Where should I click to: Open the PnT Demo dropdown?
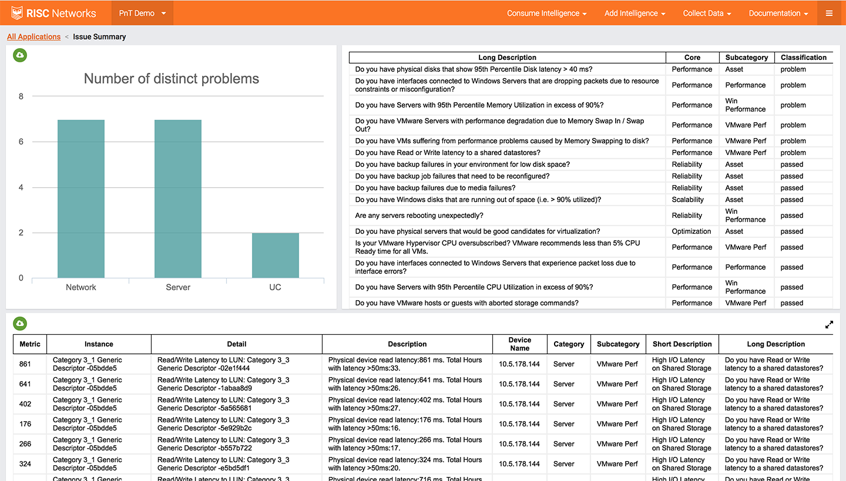pos(142,13)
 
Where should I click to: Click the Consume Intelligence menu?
pos(546,13)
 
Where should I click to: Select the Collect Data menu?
pos(707,13)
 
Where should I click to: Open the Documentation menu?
pos(778,13)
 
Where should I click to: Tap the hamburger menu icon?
pos(829,13)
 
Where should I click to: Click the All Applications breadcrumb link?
pos(33,36)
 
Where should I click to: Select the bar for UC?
pos(275,255)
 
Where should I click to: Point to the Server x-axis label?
pos(178,287)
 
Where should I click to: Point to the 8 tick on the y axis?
pos(21,96)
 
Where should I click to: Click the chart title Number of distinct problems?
pos(171,79)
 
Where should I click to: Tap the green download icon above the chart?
pos(20,55)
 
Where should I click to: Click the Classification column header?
pos(803,58)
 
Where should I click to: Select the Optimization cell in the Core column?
pos(692,231)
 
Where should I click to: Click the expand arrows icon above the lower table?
pos(829,324)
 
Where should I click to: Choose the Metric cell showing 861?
pos(25,364)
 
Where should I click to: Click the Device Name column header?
pos(519,344)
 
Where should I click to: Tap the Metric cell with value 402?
pos(25,404)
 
